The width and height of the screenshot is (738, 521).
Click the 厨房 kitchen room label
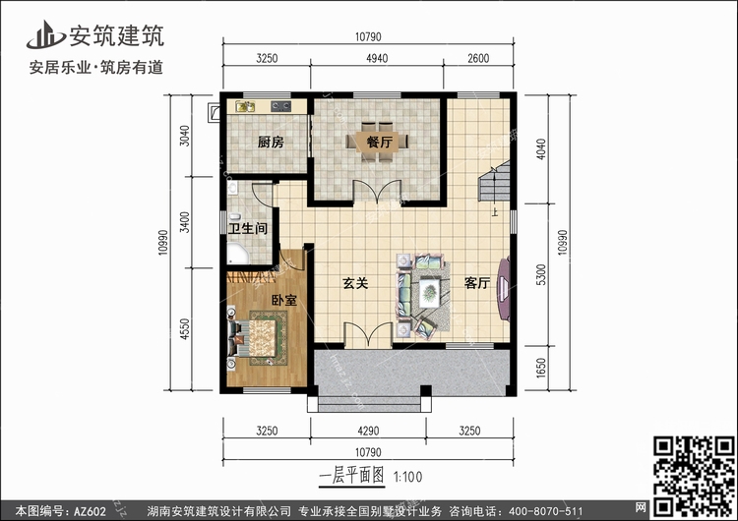(271, 142)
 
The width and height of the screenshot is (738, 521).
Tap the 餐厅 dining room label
(380, 142)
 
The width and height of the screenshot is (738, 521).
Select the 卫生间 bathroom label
(248, 229)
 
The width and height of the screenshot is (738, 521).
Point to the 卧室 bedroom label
(284, 300)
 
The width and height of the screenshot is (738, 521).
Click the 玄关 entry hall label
(355, 283)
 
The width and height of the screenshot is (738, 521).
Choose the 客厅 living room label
(477, 283)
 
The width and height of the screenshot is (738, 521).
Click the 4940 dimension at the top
(377, 58)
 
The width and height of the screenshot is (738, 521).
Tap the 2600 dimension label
(478, 58)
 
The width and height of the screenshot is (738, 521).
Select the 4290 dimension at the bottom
(368, 431)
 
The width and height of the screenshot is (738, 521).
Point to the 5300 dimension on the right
(541, 274)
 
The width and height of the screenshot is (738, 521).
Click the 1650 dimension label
(541, 368)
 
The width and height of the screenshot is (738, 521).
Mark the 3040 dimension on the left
(185, 136)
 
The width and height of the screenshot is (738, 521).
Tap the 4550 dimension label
(185, 329)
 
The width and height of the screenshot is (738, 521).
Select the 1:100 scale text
(407, 477)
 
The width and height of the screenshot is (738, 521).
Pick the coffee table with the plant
(429, 293)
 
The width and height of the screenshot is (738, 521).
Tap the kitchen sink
(245, 107)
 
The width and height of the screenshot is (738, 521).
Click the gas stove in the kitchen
(280, 107)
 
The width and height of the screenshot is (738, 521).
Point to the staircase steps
(495, 181)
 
